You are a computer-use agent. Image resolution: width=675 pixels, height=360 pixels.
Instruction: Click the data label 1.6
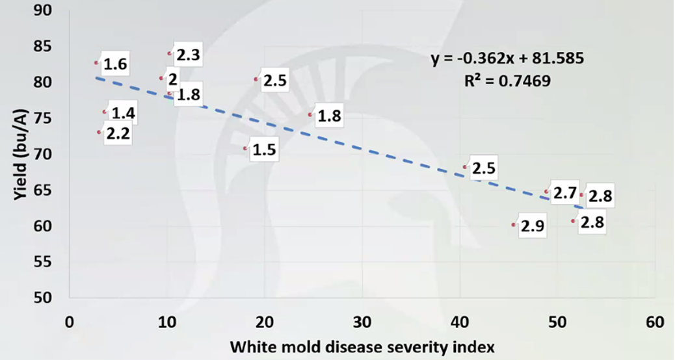(x=115, y=64)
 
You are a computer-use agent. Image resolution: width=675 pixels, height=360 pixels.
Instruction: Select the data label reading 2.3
(x=187, y=56)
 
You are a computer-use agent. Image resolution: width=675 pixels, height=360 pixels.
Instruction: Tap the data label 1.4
(x=123, y=114)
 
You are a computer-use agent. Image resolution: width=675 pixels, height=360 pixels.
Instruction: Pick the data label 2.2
(x=118, y=135)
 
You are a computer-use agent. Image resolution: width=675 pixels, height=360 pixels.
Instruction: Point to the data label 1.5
(x=264, y=150)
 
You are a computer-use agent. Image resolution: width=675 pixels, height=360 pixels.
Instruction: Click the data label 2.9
(x=533, y=226)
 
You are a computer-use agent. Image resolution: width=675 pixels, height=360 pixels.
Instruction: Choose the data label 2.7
(x=564, y=193)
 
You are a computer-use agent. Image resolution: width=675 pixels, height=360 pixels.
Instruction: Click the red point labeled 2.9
(x=514, y=225)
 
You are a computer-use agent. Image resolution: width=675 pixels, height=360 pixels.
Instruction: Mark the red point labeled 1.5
(x=246, y=148)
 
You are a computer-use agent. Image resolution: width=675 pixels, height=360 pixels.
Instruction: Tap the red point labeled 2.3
(x=170, y=53)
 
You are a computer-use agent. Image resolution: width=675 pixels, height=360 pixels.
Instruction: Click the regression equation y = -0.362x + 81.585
(x=508, y=58)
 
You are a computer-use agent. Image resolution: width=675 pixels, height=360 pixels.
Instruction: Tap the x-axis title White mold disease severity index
(x=362, y=346)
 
